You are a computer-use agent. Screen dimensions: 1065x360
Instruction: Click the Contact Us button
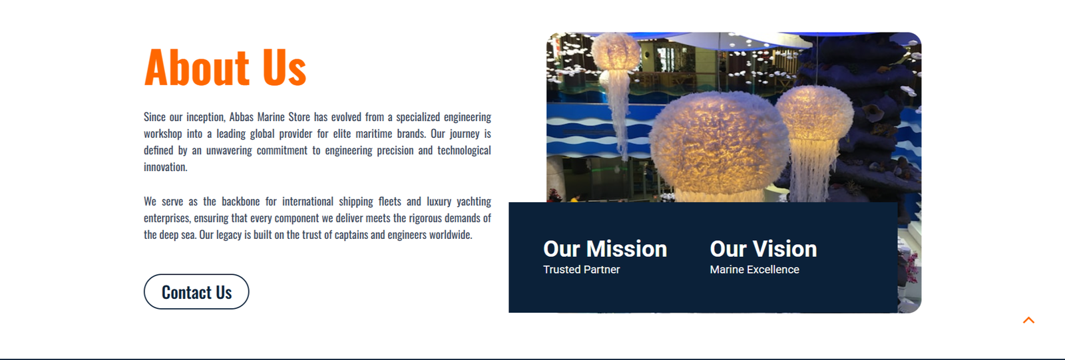click(196, 291)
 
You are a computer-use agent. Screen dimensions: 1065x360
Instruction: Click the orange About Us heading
click(226, 67)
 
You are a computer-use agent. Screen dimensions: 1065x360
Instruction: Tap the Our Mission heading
click(605, 249)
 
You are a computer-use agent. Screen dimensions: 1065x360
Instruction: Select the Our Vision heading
click(763, 249)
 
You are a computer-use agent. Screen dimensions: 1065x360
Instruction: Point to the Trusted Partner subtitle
click(582, 270)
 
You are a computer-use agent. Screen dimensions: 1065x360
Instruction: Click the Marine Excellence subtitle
click(755, 270)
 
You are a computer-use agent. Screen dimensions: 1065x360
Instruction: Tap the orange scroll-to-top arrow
click(1028, 320)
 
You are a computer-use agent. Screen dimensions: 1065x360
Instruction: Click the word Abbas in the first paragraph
click(241, 117)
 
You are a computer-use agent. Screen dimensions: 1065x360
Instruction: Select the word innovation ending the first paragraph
click(166, 167)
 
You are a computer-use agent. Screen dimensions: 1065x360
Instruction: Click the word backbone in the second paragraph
click(240, 202)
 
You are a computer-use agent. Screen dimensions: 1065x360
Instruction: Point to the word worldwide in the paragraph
click(451, 235)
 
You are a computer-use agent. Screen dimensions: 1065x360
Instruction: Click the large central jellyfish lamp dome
click(720, 142)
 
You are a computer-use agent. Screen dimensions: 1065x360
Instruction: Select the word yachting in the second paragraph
click(473, 202)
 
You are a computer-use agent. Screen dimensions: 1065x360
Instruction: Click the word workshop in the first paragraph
click(162, 134)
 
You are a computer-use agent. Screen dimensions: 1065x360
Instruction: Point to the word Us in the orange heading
click(284, 67)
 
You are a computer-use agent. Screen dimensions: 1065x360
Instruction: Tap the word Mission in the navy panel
click(626, 249)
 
